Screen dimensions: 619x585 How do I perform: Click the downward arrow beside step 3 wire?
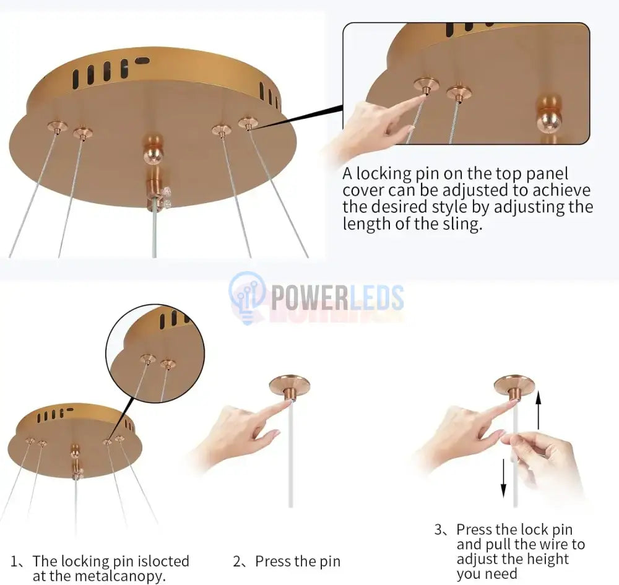click(503, 478)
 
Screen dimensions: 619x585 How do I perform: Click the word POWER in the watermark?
click(309, 298)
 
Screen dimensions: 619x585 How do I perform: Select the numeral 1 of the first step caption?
click(14, 561)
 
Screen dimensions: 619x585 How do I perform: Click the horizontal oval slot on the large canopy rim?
click(142, 61)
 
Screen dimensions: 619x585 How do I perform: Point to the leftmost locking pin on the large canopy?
click(57, 127)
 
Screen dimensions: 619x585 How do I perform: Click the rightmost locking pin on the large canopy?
click(248, 123)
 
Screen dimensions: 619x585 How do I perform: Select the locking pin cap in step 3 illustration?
click(514, 386)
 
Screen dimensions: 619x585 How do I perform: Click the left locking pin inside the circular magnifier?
click(148, 359)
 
